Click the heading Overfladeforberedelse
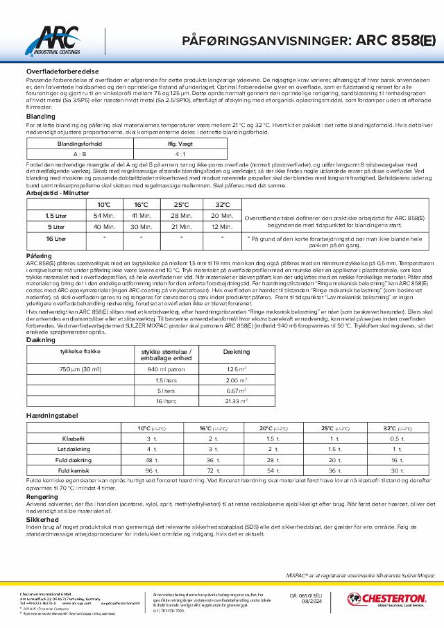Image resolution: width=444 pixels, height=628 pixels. pyautogui.click(x=56, y=71)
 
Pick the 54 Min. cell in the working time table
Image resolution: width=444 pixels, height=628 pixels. pyautogui.click(x=104, y=217)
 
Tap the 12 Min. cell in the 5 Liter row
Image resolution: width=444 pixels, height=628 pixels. pyautogui.click(x=222, y=226)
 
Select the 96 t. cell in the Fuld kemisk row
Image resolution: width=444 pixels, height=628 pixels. pyautogui.click(x=148, y=470)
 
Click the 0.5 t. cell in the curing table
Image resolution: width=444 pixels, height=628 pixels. pyautogui.click(x=397, y=439)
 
